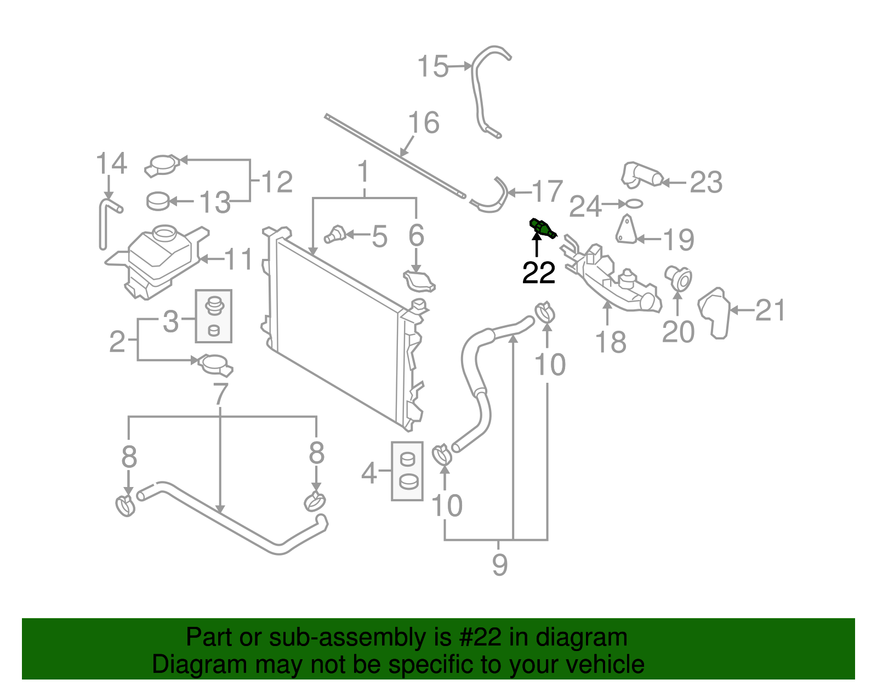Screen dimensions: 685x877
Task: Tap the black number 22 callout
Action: point(538,273)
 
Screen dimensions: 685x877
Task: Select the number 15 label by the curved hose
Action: point(433,67)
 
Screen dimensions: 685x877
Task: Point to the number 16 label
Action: point(424,123)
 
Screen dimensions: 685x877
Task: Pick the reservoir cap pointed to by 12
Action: point(162,166)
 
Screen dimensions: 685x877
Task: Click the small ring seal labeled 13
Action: point(158,201)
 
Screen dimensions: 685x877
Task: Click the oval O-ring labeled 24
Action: point(633,204)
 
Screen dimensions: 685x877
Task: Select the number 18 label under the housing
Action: point(610,343)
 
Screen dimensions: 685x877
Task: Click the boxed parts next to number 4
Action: point(407,471)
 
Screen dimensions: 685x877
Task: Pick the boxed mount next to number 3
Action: point(214,316)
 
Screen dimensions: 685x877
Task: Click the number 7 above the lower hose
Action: point(220,393)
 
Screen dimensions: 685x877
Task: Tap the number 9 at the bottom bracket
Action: point(499,564)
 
